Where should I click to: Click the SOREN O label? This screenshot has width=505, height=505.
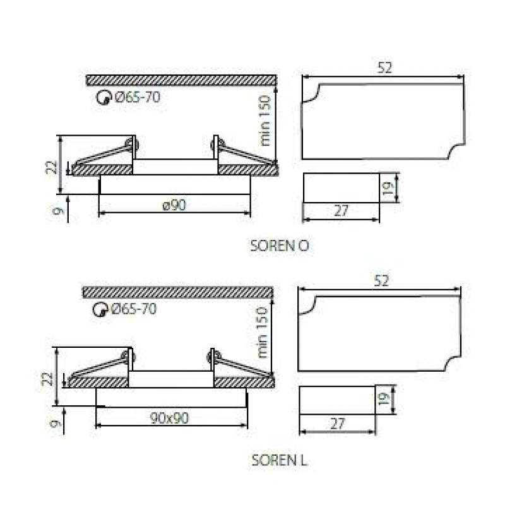pyautogui.click(x=280, y=246)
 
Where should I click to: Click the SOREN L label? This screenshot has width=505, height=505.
pyautogui.click(x=280, y=460)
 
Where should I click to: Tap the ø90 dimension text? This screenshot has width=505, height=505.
pyautogui.click(x=174, y=205)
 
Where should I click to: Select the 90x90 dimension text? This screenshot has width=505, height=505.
pyautogui.click(x=169, y=418)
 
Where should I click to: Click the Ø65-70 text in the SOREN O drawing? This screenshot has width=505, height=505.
pyautogui.click(x=138, y=97)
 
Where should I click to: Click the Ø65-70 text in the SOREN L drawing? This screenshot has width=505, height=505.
pyautogui.click(x=134, y=309)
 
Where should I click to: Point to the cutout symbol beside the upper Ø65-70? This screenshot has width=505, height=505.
pyautogui.click(x=104, y=98)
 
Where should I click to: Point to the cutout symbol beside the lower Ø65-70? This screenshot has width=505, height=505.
pyautogui.click(x=100, y=310)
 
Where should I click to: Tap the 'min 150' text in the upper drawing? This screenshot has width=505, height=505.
pyautogui.click(x=264, y=121)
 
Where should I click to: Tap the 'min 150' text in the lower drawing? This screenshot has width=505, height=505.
pyautogui.click(x=262, y=333)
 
